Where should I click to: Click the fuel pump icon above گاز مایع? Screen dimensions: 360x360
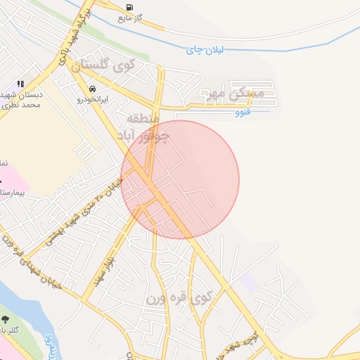129,8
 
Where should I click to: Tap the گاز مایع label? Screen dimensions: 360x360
131,18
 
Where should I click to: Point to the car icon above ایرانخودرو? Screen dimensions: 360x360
93,89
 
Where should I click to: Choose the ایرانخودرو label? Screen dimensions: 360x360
94,100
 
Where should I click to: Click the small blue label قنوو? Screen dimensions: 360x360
241,111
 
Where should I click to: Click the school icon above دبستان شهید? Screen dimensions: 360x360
21,84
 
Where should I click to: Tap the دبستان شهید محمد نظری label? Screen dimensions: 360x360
21,99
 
